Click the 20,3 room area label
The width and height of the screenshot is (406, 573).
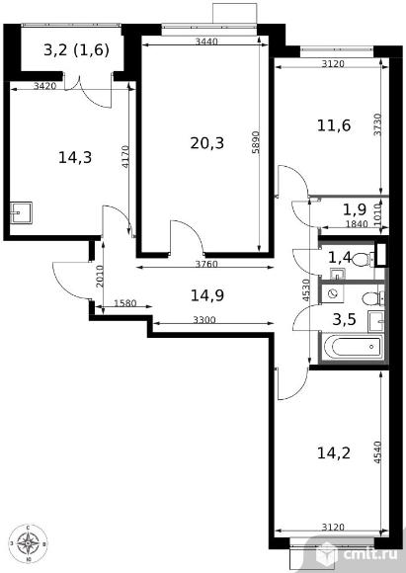pos(206,143)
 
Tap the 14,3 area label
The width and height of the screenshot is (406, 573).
pos(75,157)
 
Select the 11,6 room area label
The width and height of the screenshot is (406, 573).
pos(334,125)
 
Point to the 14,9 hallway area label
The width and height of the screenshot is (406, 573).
pos(207,295)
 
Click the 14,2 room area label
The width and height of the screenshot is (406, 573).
pos(334,452)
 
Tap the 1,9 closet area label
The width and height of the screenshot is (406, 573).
pos(355,209)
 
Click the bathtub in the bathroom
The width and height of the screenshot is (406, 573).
pos(353,347)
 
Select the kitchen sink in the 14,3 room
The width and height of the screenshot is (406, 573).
pos(21,212)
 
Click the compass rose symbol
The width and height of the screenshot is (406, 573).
pos(29,543)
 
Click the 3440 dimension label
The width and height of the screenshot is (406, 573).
pos(206,41)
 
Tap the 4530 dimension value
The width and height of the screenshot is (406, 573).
pos(306,289)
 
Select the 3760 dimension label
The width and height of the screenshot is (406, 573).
pos(206,264)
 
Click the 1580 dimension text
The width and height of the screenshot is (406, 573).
pos(125,303)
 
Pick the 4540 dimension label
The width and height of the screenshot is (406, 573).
pos(377,452)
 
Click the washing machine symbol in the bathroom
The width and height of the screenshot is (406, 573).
pos(333,293)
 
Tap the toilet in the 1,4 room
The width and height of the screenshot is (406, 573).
pos(361,259)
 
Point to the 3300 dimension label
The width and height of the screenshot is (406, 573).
pos(204,320)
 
